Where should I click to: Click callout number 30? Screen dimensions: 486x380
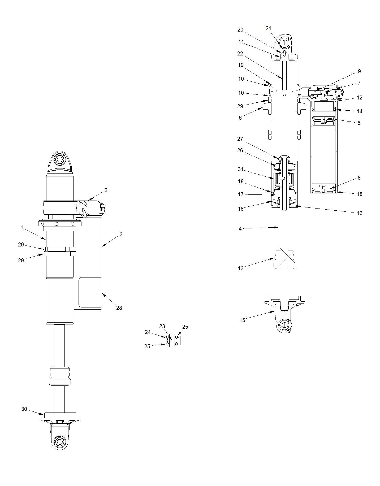24,409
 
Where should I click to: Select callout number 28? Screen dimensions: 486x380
119,308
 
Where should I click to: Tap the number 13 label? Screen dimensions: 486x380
241,268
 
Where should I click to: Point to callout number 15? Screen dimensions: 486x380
242,320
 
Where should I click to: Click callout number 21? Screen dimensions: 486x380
269,28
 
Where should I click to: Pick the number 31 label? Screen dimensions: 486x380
240,169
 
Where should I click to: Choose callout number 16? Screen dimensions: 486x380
359,213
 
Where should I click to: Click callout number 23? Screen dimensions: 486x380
162,326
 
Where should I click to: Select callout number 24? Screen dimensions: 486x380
148,332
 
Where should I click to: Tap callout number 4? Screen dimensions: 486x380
240,229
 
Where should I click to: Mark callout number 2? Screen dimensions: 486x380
106,190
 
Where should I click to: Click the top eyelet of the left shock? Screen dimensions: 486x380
59,160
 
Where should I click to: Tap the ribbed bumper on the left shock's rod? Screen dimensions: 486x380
60,376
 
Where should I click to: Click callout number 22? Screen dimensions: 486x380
240,54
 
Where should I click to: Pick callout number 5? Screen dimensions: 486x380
359,123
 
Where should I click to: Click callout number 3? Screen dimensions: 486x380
121,235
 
